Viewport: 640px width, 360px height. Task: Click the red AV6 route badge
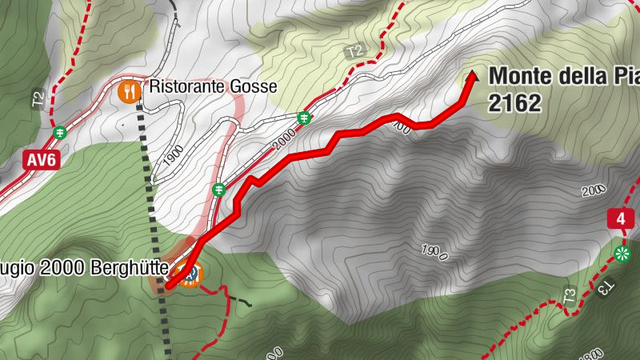(x=42, y=160)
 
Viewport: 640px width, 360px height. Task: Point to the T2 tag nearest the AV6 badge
(x=37, y=99)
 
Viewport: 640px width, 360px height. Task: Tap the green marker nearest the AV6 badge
(x=59, y=132)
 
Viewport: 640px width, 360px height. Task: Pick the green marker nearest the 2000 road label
(x=304, y=118)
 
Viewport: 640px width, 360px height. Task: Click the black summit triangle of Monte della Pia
(x=472, y=77)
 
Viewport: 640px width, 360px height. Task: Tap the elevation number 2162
(x=515, y=102)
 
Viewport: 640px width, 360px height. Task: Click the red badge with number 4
(x=621, y=218)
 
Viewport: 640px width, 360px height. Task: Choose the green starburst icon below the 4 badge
(x=622, y=254)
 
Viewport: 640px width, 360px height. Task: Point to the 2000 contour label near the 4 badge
(x=593, y=190)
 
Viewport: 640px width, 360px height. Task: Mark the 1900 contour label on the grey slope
(x=432, y=251)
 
